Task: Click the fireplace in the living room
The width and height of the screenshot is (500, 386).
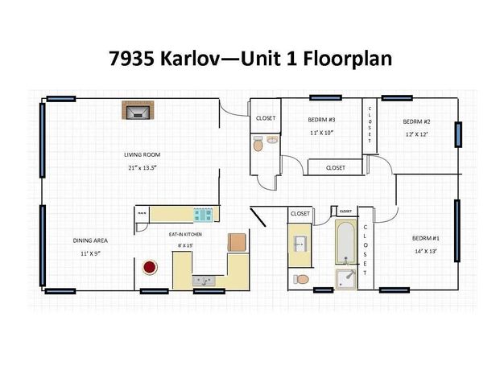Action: tap(136, 110)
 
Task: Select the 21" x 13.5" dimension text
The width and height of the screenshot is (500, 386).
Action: tap(142, 168)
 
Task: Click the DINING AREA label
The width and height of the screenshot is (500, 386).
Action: tap(90, 240)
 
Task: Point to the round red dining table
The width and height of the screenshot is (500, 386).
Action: tap(150, 267)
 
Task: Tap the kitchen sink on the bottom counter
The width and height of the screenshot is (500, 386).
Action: tap(202, 281)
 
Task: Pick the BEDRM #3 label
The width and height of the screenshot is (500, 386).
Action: tap(321, 119)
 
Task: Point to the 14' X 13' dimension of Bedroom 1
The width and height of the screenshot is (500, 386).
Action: tap(424, 252)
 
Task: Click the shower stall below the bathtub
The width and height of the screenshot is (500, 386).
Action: tap(347, 279)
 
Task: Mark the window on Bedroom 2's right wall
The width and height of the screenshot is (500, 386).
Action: tap(458, 133)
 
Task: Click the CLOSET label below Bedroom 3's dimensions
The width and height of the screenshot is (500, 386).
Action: tap(336, 168)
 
